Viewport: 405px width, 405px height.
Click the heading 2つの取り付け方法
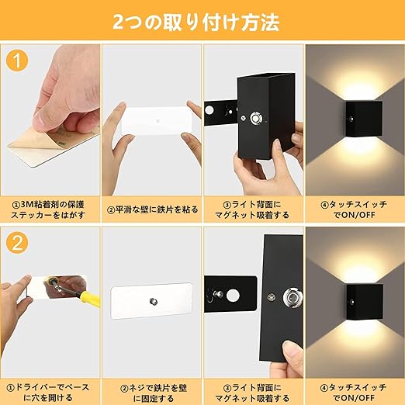pos(196,22)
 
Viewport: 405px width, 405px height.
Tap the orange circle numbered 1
pos(17,61)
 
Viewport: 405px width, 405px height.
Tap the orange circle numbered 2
pos(17,244)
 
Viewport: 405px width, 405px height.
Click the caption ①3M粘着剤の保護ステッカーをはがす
pos(48,209)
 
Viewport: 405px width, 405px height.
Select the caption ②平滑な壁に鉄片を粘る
pos(153,209)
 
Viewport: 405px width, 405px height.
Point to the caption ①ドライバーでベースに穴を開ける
pos(48,393)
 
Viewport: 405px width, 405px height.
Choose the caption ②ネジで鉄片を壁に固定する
pos(154,393)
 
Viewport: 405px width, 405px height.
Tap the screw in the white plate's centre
pos(154,302)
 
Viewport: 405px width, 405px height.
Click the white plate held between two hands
pos(157,121)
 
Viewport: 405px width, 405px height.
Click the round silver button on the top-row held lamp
pos(255,119)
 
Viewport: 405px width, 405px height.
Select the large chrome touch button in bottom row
pos(293,298)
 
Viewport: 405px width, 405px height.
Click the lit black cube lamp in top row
pos(364,119)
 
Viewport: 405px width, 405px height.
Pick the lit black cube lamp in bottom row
pos(365,302)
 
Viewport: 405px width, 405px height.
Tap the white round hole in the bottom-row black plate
pos(233,296)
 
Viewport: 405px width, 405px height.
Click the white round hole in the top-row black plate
pos(209,110)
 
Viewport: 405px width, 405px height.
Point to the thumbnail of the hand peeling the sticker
pos(50,119)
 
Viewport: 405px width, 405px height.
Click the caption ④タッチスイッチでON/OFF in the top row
pos(354,209)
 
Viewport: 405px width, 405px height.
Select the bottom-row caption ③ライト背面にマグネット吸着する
pos(252,393)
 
